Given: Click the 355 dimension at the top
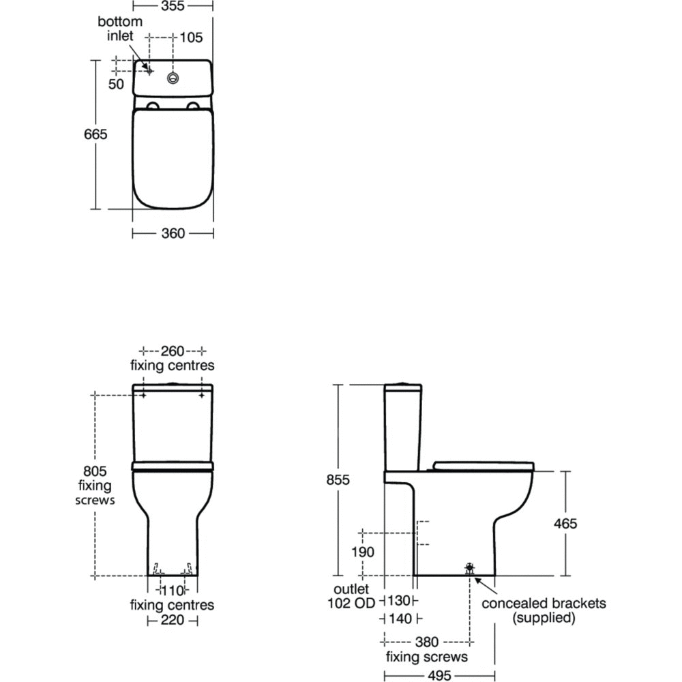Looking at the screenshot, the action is pyautogui.click(x=173, y=5).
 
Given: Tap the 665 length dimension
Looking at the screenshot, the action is pyautogui.click(x=95, y=134).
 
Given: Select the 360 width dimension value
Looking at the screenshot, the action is pyautogui.click(x=173, y=233).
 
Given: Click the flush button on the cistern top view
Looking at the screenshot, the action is pyautogui.click(x=173, y=78).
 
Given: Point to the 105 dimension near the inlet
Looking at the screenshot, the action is pyautogui.click(x=191, y=38).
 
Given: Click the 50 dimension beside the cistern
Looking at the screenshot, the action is pyautogui.click(x=116, y=84).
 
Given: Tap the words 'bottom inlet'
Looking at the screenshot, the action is pyautogui.click(x=119, y=28).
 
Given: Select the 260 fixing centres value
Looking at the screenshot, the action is pyautogui.click(x=173, y=351).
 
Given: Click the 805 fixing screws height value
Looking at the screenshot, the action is pyautogui.click(x=95, y=471).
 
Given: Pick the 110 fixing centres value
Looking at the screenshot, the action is pyautogui.click(x=173, y=591).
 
